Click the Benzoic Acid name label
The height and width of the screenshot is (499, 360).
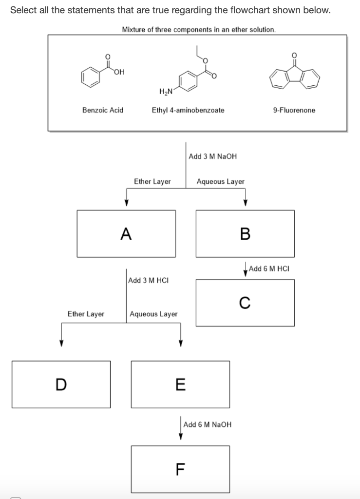pyautogui.click(x=102, y=110)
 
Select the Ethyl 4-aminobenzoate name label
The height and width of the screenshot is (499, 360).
pyautogui.click(x=188, y=110)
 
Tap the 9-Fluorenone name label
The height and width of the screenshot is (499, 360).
pyautogui.click(x=294, y=110)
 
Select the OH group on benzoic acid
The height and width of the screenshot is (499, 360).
pyautogui.click(x=118, y=73)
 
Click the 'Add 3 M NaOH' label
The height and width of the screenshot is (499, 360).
pyautogui.click(x=212, y=156)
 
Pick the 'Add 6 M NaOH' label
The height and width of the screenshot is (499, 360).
pyautogui.click(x=208, y=424)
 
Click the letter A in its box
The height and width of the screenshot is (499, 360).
pyautogui.click(x=126, y=234)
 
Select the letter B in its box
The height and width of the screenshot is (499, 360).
pyautogui.click(x=245, y=234)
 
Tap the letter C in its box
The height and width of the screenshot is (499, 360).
pyautogui.click(x=245, y=303)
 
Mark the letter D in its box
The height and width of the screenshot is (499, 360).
pyautogui.click(x=60, y=384)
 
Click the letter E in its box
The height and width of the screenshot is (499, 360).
pyautogui.click(x=180, y=384)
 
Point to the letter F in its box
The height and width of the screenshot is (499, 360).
pyautogui.click(x=180, y=469)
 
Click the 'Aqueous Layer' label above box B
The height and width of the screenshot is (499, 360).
pyautogui.click(x=220, y=182)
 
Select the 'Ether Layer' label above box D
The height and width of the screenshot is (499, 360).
pyautogui.click(x=86, y=314)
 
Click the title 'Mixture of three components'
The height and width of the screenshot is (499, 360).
pyautogui.click(x=199, y=29)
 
